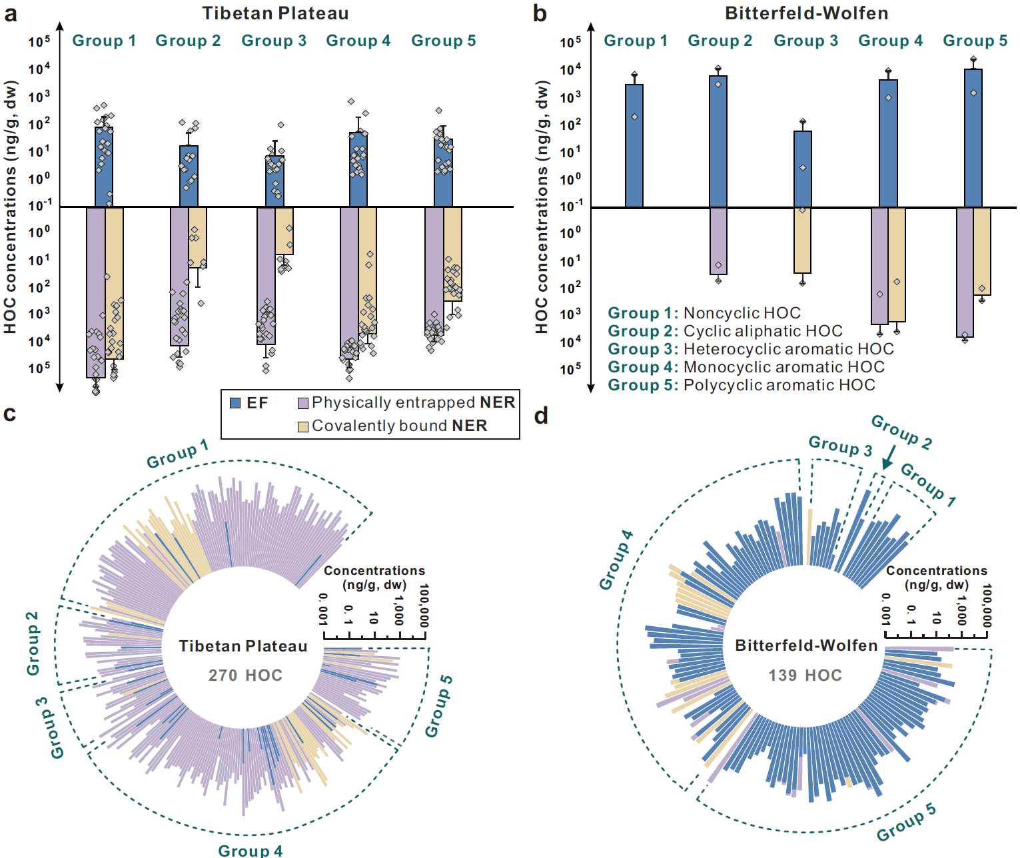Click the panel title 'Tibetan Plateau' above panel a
(275, 13)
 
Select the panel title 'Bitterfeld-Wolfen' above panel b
(806, 13)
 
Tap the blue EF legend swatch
(235, 403)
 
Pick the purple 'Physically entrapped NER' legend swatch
(303, 403)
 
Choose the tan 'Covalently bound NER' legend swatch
(303, 426)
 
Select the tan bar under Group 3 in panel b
(802, 240)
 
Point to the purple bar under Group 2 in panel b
(718, 240)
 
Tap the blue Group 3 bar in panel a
(274, 181)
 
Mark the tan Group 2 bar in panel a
(197, 237)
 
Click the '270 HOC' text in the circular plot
(245, 675)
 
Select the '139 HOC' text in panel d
(805, 675)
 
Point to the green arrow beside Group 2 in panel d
(888, 458)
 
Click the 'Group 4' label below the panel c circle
(251, 851)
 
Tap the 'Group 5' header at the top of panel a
(444, 41)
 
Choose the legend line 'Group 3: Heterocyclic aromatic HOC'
(751, 349)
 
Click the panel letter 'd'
(540, 416)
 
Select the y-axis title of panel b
(542, 207)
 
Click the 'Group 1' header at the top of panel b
(636, 41)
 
